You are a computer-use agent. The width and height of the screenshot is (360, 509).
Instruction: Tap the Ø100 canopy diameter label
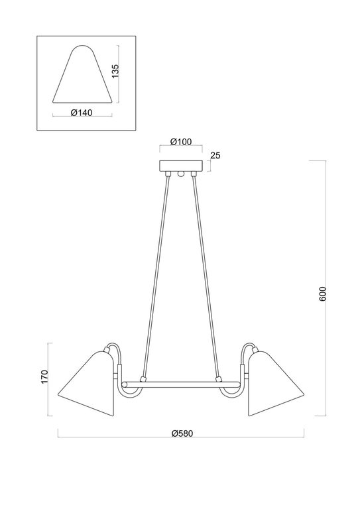tap(180, 142)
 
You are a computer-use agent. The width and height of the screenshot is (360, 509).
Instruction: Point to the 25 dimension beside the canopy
tap(215, 156)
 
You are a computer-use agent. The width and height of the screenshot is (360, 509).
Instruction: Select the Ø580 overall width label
tap(180, 433)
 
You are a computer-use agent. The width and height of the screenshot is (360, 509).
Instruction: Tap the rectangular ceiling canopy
tap(180, 166)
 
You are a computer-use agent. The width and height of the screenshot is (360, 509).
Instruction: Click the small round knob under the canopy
tap(180, 175)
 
